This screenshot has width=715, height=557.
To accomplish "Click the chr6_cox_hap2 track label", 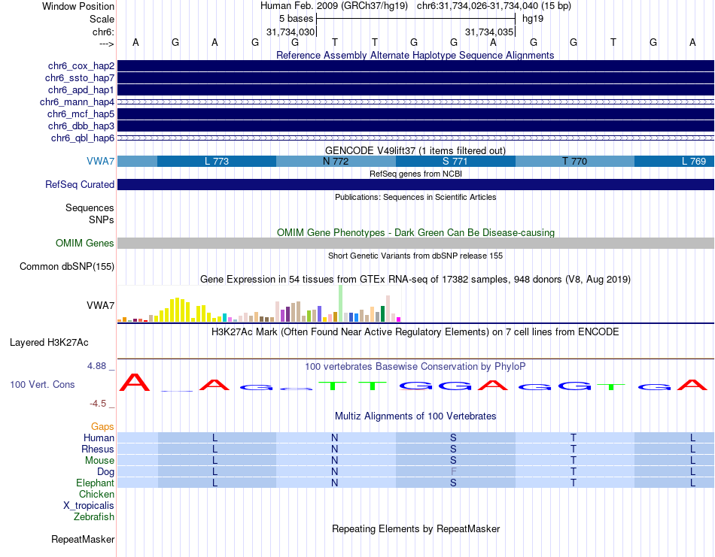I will point(80,66).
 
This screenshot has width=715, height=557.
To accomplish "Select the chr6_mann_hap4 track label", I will point(77,102).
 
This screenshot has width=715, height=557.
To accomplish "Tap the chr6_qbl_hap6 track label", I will point(82,138).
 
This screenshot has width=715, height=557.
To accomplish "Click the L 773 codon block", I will point(217,161).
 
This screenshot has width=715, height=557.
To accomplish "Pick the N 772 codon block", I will point(336,161).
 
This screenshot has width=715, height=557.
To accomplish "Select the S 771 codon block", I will point(455,161).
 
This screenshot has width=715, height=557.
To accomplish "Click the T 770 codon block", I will point(574,161).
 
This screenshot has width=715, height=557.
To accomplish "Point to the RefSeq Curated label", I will point(80,185).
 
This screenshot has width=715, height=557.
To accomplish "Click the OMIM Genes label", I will point(85,244).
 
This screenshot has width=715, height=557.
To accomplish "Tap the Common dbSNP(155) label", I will point(67,267).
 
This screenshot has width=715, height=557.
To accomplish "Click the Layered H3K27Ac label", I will point(49,343).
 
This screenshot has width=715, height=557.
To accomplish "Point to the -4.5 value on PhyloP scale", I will point(100,404).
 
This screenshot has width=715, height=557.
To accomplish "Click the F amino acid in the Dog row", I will point(454,472).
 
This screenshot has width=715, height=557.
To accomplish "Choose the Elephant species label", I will point(95,483).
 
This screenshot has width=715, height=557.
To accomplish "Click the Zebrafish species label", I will point(94,517).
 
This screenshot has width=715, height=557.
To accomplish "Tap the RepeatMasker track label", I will point(83,540).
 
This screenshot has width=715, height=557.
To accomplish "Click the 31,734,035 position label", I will point(489,32).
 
